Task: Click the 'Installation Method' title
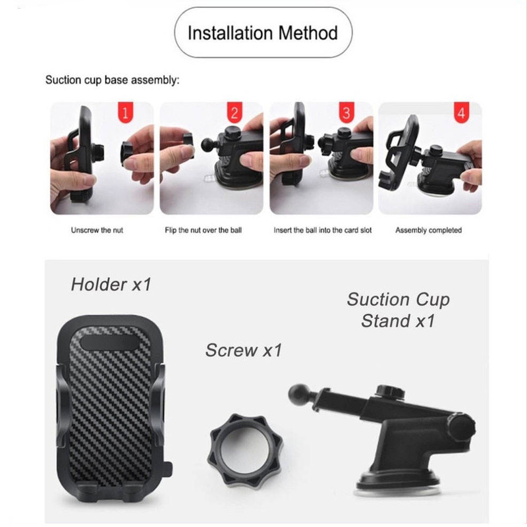pos(262,33)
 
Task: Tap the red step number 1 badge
pos(125,112)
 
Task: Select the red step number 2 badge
pos(235,112)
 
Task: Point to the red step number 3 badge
pos(347,112)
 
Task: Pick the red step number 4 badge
pos(461,112)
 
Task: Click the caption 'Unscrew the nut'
pos(97,230)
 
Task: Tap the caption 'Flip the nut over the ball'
pos(203,230)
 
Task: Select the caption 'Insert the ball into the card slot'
pos(323,230)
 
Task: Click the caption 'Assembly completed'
pos(429,230)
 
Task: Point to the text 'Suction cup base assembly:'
pos(112,80)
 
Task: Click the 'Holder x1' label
pos(111,285)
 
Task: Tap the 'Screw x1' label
pos(244,350)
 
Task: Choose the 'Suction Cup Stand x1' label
pos(399,310)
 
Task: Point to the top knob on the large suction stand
pos(390,391)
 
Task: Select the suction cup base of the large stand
pos(398,485)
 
